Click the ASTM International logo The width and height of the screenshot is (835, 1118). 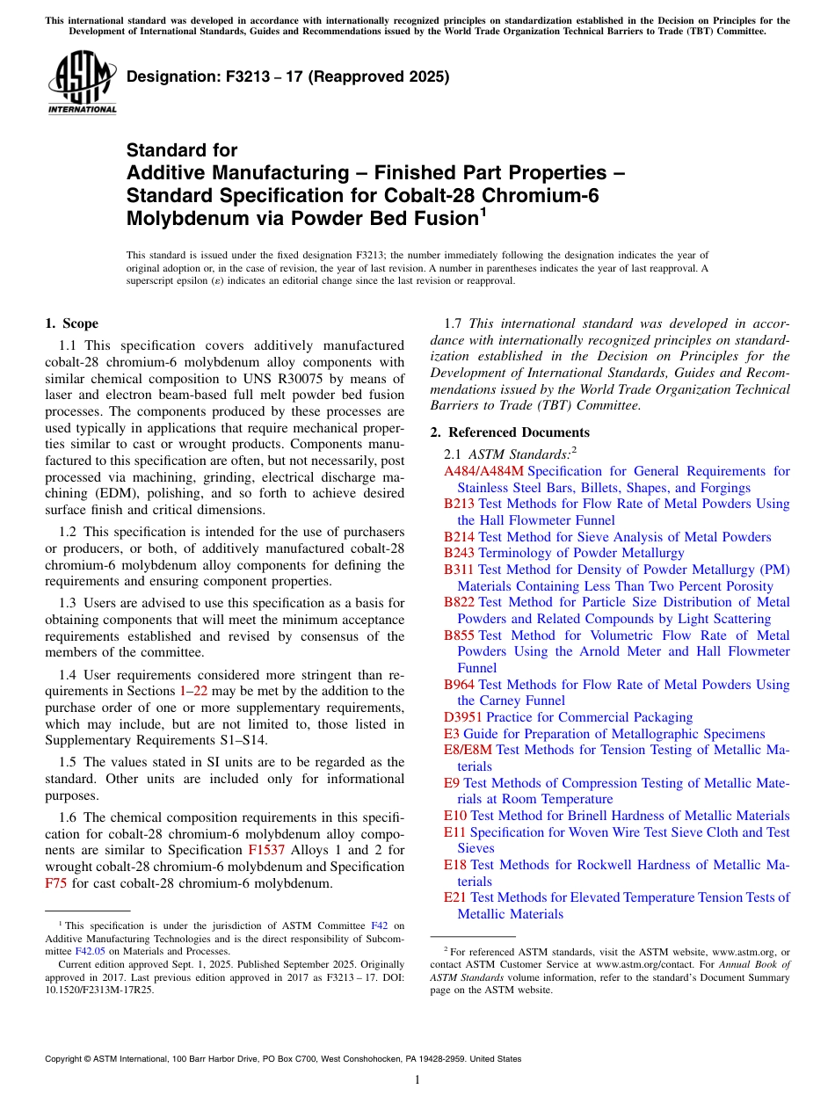pyautogui.click(x=82, y=83)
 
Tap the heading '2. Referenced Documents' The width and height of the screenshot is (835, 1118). pyautogui.click(x=510, y=432)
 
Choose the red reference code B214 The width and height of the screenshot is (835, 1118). pyautogui.click(x=459, y=537)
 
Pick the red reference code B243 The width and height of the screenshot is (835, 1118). pyautogui.click(x=459, y=553)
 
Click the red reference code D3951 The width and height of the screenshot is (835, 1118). pyautogui.click(x=463, y=717)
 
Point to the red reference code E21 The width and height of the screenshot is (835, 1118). pyautogui.click(x=455, y=897)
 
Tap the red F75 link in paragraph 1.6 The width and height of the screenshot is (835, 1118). pyautogui.click(x=55, y=883)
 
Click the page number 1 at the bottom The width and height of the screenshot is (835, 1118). pyautogui.click(x=417, y=1079)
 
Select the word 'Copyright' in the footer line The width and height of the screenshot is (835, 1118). pyautogui.click(x=66, y=1059)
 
